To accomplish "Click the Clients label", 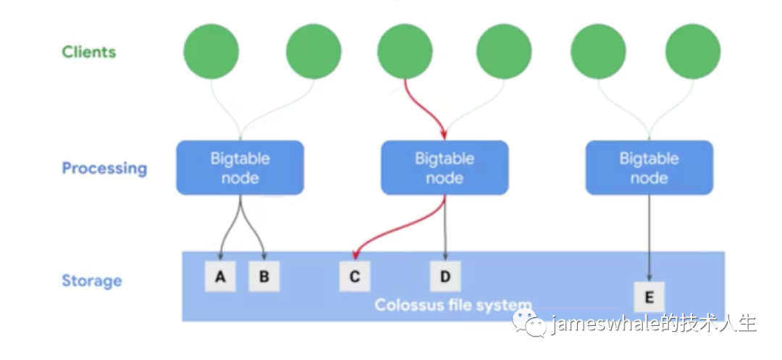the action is click(89, 52).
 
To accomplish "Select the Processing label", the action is click(104, 169).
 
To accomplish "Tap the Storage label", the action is click(92, 281).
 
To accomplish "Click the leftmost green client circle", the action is click(211, 51).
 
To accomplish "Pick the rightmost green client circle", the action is click(693, 51).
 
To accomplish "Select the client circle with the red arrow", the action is click(405, 51).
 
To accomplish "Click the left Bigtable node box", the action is click(240, 167).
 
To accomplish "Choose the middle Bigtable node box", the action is click(445, 167).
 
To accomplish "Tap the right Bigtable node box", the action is click(649, 167).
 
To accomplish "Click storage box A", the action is click(220, 276).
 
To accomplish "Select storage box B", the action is click(264, 276).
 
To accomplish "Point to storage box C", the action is click(355, 276).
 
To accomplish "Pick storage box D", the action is click(445, 276).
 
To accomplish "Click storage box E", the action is click(649, 297).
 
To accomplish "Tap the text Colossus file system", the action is click(453, 304).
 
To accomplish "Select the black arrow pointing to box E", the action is click(649, 238).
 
